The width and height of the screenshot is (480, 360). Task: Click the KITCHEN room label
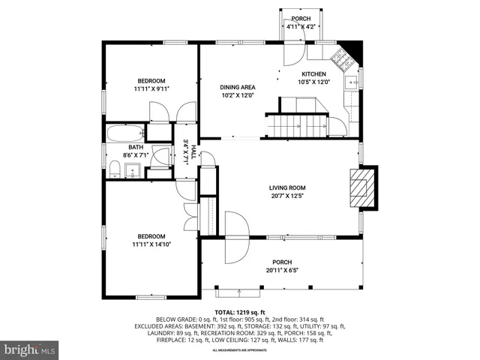point(313,74)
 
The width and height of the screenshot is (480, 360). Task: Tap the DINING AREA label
point(238,88)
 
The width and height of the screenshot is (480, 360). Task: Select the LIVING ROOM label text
point(288,188)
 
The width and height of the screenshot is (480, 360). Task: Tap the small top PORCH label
point(301,19)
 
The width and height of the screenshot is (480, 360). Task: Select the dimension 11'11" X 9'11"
point(151,88)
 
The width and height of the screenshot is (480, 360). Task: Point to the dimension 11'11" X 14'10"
point(151,244)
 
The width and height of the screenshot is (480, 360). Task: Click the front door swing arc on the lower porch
point(235,237)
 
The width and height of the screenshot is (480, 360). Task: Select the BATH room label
point(136,147)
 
